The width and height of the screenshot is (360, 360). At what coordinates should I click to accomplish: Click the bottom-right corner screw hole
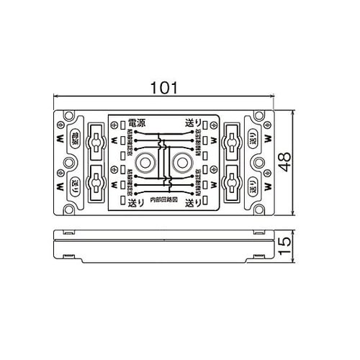click(260, 211)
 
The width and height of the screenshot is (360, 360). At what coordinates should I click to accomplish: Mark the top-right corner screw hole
click(260, 116)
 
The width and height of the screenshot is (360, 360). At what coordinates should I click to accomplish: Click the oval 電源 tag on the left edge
click(74, 139)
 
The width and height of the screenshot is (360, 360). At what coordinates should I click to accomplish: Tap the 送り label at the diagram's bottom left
click(135, 204)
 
